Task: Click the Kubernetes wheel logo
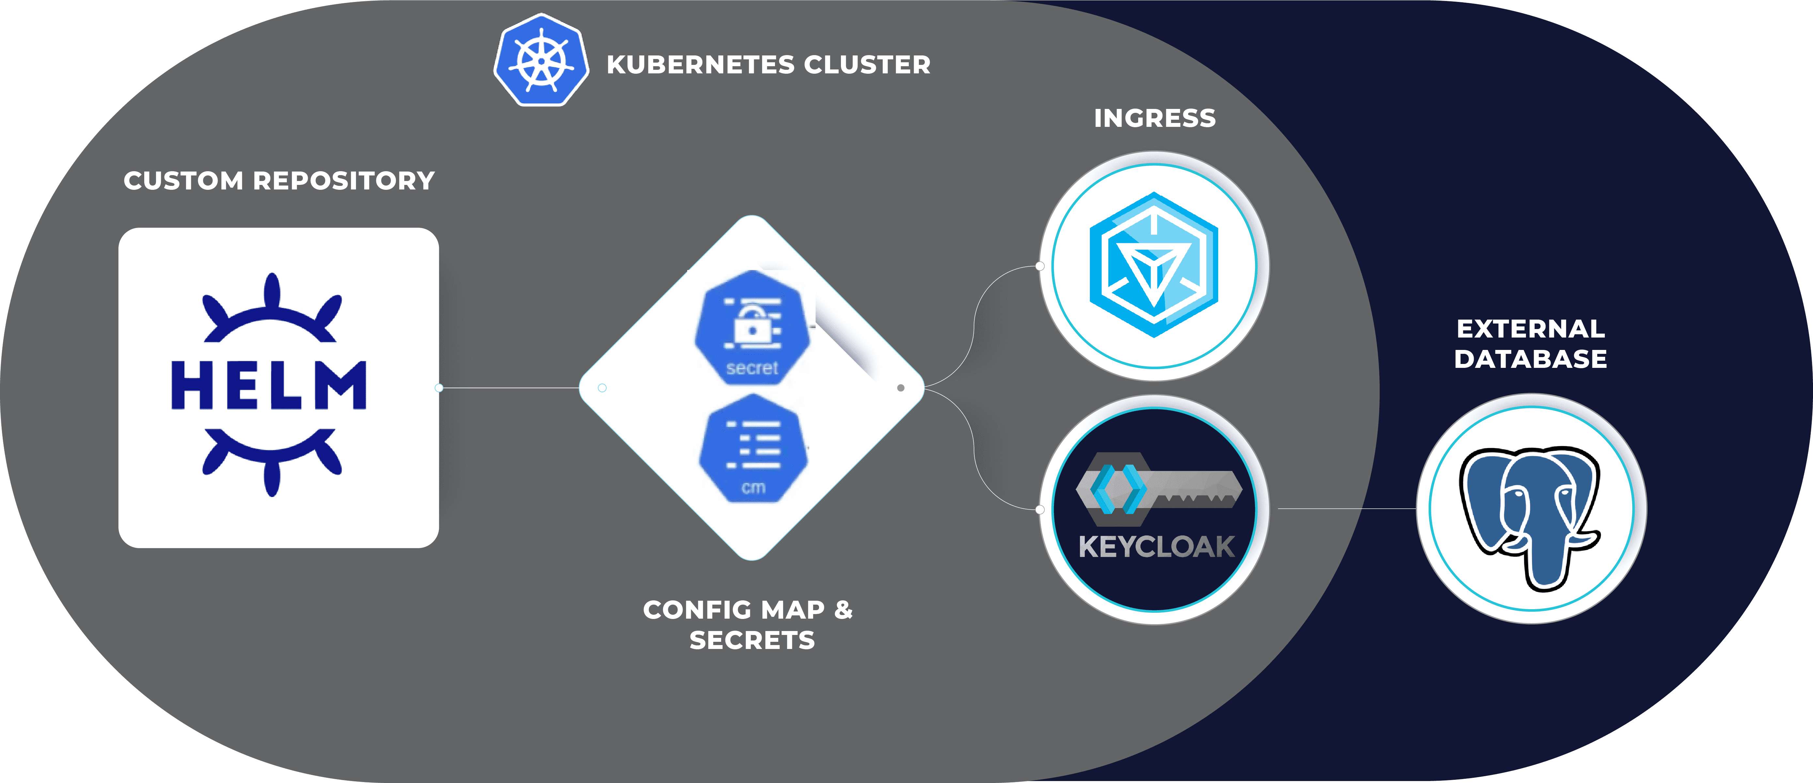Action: coord(540,61)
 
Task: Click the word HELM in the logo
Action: coord(269,385)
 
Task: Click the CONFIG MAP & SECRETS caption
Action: coord(748,625)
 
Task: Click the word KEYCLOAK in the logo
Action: coord(1156,547)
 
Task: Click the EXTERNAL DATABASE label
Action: coord(1531,344)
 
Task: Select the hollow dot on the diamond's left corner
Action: coord(602,388)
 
